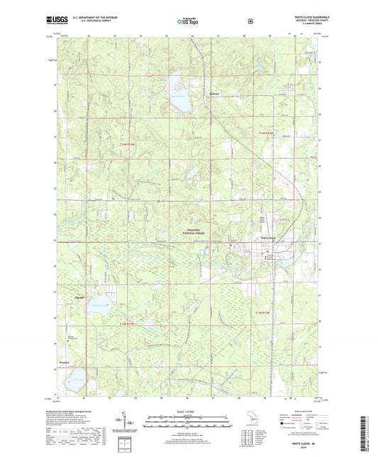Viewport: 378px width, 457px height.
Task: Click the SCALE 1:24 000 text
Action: point(189,411)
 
